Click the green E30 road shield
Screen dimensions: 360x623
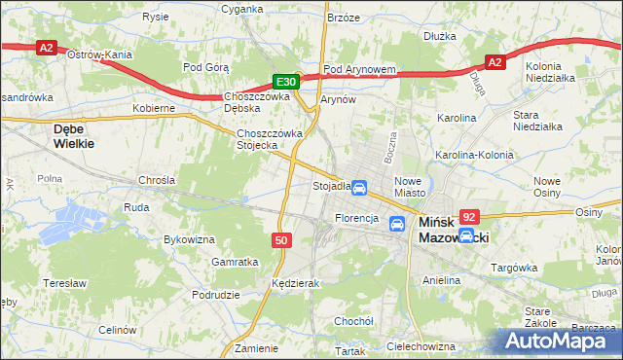(x=285, y=83)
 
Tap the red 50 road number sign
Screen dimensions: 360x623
(x=280, y=239)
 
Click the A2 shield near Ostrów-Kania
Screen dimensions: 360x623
(x=46, y=47)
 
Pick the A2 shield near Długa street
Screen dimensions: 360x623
(x=495, y=62)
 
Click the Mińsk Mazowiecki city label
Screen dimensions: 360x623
(x=454, y=230)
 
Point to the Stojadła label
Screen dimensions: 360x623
(x=330, y=186)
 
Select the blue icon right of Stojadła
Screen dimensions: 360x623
(x=359, y=187)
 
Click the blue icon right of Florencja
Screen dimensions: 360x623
(x=397, y=224)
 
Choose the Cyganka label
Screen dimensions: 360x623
(x=242, y=8)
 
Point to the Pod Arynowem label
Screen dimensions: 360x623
(x=359, y=69)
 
